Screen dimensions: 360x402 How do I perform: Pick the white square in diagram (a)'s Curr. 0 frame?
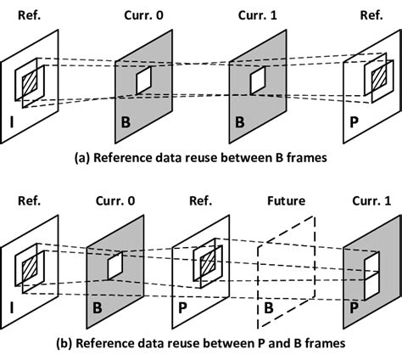coord(144,81)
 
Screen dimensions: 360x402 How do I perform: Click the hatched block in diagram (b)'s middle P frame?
coord(204,266)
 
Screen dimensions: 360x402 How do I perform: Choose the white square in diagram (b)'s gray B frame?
coord(115,266)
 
